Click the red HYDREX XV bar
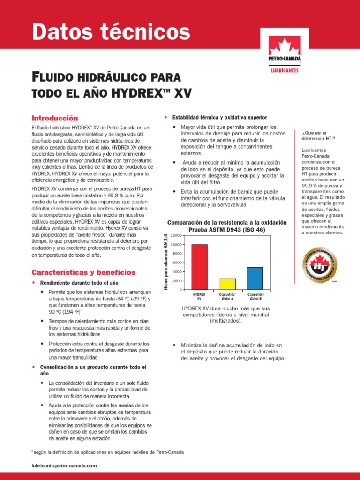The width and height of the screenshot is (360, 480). (x=199, y=267)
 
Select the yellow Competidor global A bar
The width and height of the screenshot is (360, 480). (x=227, y=284)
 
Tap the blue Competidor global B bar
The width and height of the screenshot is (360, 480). (x=255, y=278)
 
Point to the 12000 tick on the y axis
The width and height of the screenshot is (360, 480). (x=175, y=235)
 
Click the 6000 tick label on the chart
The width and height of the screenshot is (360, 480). (x=176, y=262)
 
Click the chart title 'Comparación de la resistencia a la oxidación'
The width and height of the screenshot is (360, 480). (x=226, y=222)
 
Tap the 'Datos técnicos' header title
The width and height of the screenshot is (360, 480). (x=111, y=32)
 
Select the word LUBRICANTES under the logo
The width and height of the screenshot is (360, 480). (x=285, y=71)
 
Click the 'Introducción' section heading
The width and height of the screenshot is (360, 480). (x=54, y=118)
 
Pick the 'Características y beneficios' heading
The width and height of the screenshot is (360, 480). (x=83, y=272)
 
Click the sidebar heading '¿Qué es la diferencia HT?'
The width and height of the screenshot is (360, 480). (x=319, y=135)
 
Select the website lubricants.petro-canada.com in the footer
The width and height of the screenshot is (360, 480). (x=63, y=465)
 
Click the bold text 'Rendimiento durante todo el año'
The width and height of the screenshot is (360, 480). (x=79, y=283)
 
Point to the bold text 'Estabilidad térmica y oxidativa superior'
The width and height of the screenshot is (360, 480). (x=219, y=117)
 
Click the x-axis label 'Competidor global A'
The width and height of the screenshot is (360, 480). (x=227, y=296)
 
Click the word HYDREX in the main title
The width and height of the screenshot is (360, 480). (x=141, y=92)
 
